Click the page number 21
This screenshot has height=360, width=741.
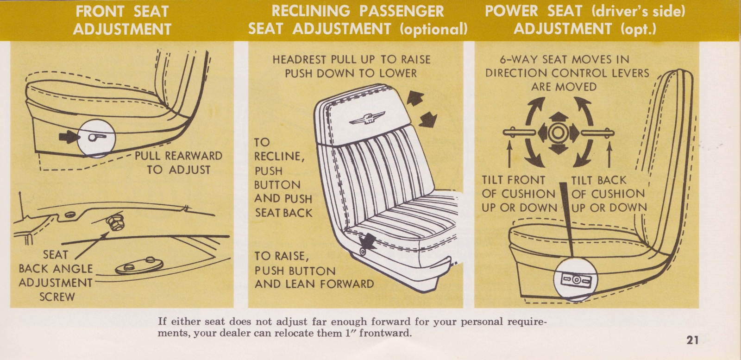692,341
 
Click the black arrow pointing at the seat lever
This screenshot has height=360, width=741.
69,136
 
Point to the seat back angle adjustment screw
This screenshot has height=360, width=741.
113,224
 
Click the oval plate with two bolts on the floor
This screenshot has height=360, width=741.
139,266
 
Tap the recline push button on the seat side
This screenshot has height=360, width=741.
362,252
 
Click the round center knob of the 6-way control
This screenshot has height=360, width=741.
557,133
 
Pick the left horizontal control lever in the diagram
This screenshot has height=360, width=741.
519,133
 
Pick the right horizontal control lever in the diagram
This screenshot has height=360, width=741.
597,133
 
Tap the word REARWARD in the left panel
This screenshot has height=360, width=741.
194,156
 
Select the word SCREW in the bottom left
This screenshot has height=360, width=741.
57,297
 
